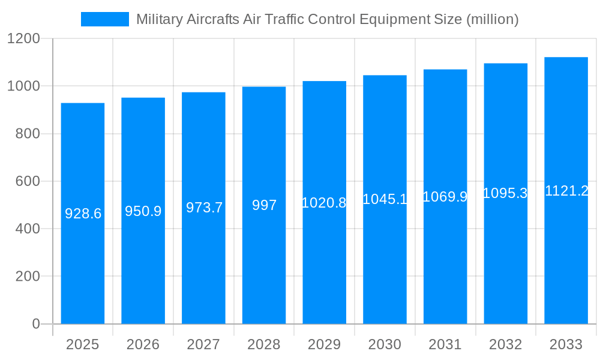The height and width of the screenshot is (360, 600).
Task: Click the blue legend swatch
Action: point(105,19)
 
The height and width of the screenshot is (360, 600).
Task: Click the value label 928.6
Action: point(83,214)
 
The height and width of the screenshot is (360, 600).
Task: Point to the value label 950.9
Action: point(143,211)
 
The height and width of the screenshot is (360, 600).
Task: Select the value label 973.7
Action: point(204,208)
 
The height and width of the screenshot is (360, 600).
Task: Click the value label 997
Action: point(264,205)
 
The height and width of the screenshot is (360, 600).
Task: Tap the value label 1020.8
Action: point(324,203)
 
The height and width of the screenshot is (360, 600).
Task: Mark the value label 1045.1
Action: point(385,199)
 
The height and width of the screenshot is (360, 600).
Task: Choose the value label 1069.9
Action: point(445,197)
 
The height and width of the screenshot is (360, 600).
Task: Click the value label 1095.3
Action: point(505,193)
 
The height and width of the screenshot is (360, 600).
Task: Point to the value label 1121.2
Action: point(566,191)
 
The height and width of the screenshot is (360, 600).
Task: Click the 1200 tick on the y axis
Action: point(23,39)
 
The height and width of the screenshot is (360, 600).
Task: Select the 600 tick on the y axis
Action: point(28,181)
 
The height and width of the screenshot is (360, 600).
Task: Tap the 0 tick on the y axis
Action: point(35,324)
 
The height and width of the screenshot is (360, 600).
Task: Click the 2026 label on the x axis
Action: point(143,344)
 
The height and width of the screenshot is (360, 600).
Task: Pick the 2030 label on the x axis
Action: point(385,344)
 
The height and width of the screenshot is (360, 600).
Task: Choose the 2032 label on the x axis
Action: point(505,344)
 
